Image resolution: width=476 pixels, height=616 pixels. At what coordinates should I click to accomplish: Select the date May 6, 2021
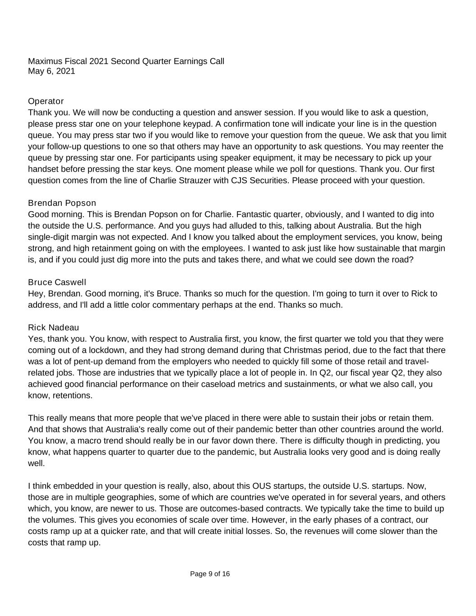coord(51,71)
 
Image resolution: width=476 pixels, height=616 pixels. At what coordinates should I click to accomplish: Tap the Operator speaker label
coord(46,101)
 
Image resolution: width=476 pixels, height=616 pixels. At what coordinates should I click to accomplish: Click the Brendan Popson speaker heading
coord(62,203)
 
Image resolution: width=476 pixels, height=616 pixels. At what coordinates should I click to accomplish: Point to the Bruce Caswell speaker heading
coord(57,283)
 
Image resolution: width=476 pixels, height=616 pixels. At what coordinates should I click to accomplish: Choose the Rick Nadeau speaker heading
coord(53,328)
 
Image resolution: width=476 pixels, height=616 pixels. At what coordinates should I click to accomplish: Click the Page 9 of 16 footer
coord(210,574)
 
